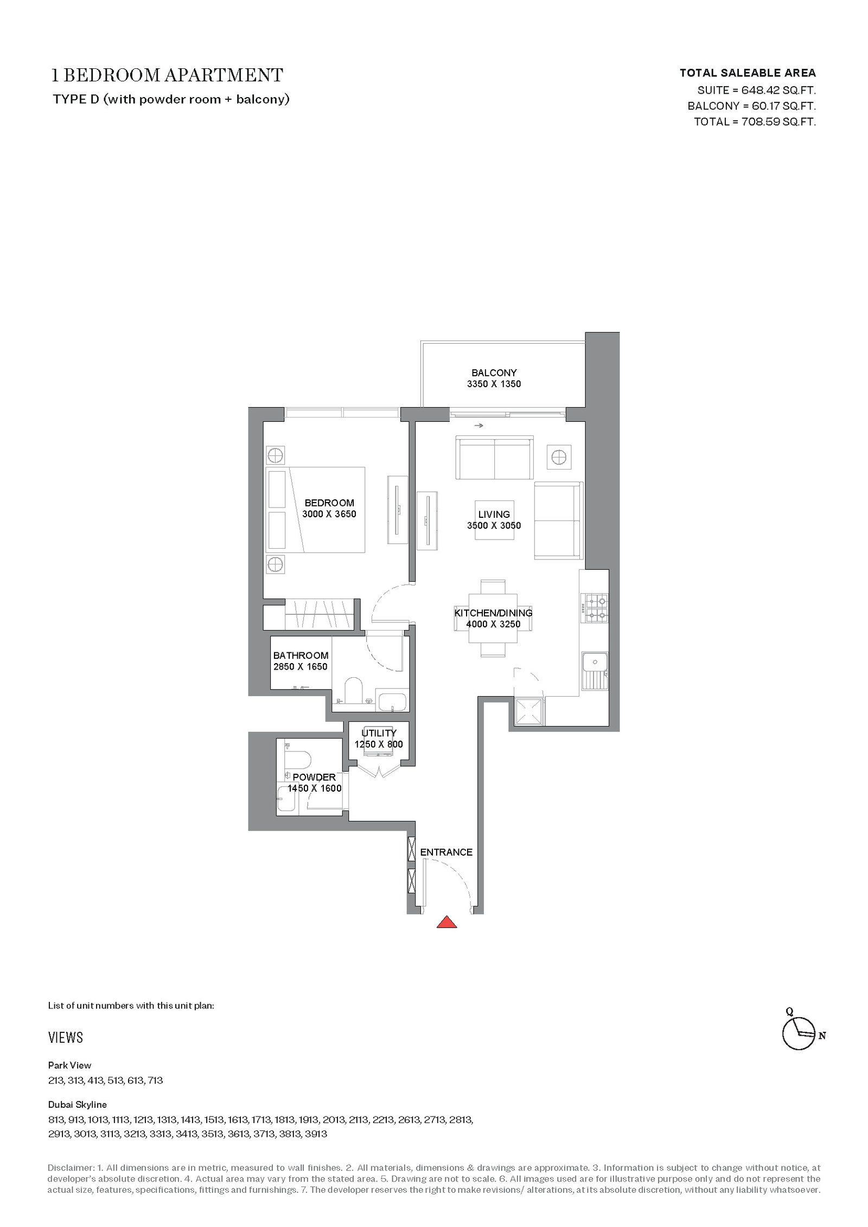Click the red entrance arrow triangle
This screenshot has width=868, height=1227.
point(446,922)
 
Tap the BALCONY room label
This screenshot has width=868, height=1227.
point(494,372)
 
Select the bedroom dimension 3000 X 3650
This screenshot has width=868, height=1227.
point(329,514)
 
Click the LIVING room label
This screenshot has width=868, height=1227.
point(494,514)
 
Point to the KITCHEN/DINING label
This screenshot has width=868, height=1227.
point(493,613)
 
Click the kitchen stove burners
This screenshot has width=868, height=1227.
point(595,608)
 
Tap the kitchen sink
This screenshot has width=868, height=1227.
point(595,670)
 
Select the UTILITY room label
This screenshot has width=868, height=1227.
point(379,733)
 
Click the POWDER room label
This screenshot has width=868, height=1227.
point(314,777)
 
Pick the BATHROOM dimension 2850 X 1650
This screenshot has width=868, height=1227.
point(301,667)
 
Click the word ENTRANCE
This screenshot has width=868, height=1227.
point(446,852)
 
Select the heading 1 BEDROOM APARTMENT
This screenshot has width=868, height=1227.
point(167,75)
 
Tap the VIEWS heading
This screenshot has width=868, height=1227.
point(66,1038)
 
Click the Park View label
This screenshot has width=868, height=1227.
point(70,1065)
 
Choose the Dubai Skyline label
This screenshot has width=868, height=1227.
point(78,1104)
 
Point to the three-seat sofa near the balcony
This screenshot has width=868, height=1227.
point(494,458)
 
